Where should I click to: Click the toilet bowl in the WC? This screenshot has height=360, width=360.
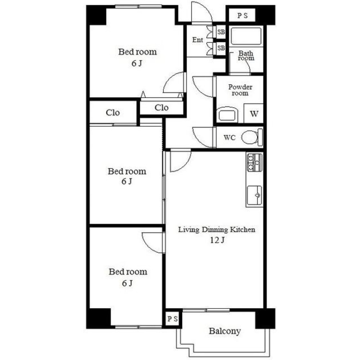click(250, 137)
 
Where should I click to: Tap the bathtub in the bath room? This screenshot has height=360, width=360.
click(246, 36)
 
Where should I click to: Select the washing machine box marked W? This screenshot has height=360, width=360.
click(253, 113)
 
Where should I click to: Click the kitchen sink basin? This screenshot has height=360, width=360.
click(255, 195)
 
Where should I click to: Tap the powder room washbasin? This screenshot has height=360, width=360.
click(227, 115)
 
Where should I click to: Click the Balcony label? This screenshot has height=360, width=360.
click(225, 331)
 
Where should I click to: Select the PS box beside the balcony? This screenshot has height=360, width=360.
click(173, 319)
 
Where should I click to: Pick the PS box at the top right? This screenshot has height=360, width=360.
click(242, 15)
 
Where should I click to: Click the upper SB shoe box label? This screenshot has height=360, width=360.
click(221, 32)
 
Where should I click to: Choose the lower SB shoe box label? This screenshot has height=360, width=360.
click(221, 48)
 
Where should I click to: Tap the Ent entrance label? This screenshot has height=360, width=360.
click(198, 40)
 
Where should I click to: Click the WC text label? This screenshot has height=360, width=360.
click(230, 138)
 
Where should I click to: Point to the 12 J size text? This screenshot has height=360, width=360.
click(217, 240)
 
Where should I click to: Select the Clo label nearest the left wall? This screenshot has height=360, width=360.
click(113, 112)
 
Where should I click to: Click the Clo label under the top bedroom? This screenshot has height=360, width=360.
click(161, 107)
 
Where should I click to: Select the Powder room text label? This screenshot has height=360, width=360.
click(240, 90)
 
